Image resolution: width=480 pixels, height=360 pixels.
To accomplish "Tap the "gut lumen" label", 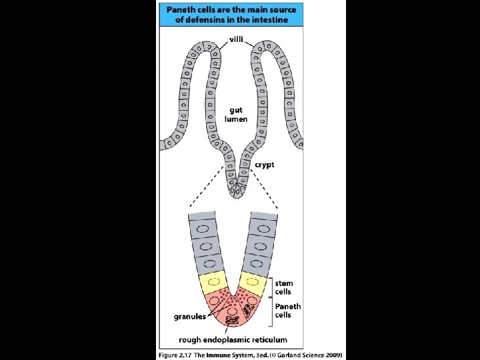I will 237,114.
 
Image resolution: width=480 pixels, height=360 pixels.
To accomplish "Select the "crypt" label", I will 265,165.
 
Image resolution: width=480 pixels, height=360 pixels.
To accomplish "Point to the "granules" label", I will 190,317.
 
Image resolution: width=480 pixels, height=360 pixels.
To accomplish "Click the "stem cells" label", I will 284,287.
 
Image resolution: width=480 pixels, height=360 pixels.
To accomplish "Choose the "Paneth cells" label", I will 288,311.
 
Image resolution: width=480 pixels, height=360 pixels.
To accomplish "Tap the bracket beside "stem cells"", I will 271,287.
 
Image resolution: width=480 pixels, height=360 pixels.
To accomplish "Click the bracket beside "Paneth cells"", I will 271,311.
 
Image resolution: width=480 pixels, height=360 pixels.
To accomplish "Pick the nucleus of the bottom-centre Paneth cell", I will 232,312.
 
